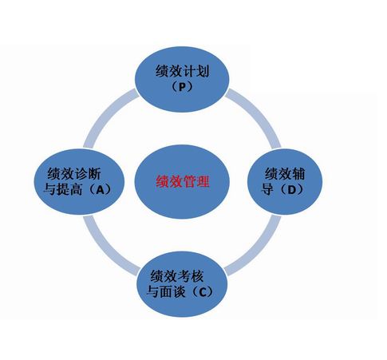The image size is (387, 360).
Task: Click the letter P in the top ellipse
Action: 182,87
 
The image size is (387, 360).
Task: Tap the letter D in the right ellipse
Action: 291,190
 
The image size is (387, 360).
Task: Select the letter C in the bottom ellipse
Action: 203,292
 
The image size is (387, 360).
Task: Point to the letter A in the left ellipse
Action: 101,190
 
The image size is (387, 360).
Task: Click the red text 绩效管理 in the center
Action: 183,182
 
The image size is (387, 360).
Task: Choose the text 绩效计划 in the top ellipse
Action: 182,71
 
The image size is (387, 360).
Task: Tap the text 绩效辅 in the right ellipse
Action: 285,174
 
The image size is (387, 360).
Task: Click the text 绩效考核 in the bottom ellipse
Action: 177,277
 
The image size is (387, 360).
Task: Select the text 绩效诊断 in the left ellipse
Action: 74,174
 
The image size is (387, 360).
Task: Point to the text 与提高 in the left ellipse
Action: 62,190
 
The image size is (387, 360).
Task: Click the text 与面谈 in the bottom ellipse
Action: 166,292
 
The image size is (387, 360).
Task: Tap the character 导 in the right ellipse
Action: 267,190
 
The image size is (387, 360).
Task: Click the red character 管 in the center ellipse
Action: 190,182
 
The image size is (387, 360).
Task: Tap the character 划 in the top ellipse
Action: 203,71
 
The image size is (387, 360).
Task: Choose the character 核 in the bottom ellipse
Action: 197,277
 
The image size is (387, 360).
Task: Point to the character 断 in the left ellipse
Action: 94,174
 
